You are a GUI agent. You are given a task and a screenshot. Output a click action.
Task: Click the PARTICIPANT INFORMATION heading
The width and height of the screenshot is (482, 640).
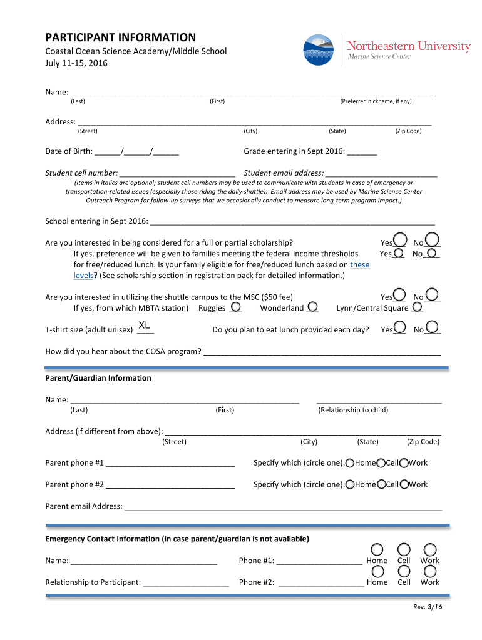[120, 37]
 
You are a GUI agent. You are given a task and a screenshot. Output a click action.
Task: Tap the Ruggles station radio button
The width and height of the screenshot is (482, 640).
[235, 306]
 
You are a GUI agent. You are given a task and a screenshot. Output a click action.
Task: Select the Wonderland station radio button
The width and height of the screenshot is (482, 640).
[312, 306]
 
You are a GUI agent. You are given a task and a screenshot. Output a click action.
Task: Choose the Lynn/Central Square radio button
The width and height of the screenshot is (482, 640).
[417, 306]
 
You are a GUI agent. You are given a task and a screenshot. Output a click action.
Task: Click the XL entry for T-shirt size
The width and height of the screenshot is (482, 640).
[144, 326]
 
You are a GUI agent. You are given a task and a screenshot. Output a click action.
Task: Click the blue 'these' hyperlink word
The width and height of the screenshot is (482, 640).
[360, 264]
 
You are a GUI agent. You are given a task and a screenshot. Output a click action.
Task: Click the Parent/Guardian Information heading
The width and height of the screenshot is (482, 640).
[98, 378]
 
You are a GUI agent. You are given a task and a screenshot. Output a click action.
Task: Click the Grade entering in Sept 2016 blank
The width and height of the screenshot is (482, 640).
[362, 152]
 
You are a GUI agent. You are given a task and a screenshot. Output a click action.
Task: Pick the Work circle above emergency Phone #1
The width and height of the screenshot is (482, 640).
[429, 549]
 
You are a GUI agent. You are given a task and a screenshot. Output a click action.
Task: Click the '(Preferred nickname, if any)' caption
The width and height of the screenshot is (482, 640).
[376, 101]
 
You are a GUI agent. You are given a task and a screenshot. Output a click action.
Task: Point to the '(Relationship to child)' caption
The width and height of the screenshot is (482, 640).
[353, 410]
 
